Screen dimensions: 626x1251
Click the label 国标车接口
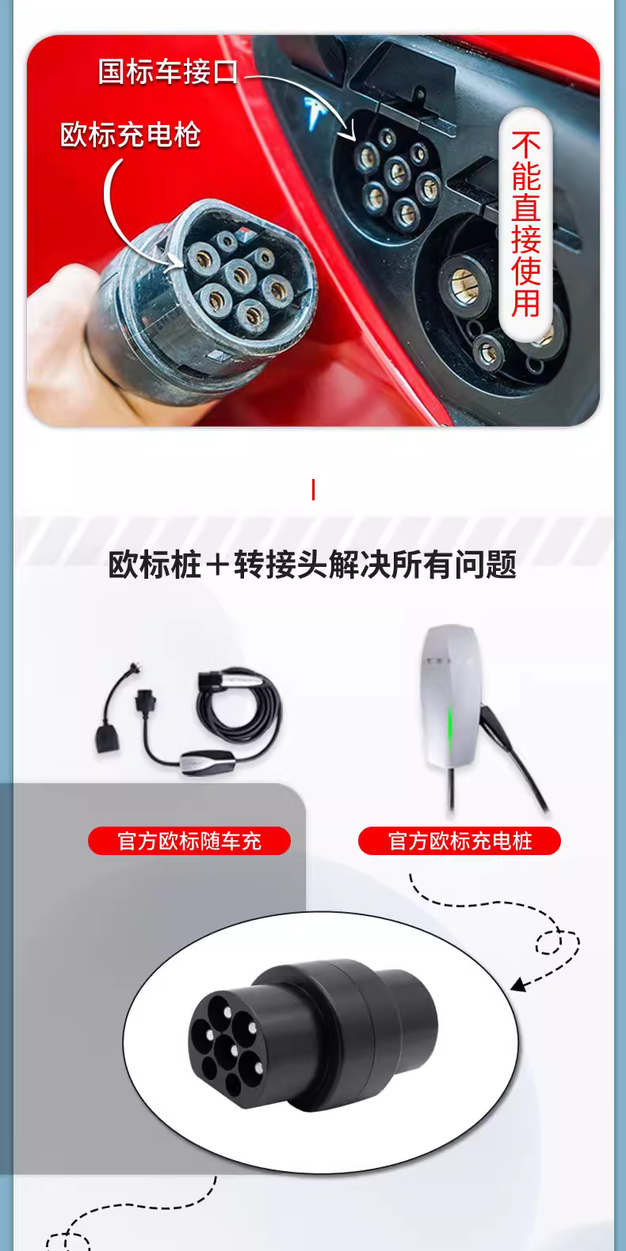point(168,72)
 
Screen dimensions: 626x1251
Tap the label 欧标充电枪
point(130,135)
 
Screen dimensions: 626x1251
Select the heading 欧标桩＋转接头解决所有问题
point(312,565)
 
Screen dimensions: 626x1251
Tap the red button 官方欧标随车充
point(189,841)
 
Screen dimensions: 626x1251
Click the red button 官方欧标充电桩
point(460,841)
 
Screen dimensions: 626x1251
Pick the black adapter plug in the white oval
point(313,1036)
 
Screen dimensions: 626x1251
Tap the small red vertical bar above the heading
point(313,489)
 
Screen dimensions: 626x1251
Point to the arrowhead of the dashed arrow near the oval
point(519,985)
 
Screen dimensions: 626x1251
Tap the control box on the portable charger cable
point(206,759)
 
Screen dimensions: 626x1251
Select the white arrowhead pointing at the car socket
point(350,133)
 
